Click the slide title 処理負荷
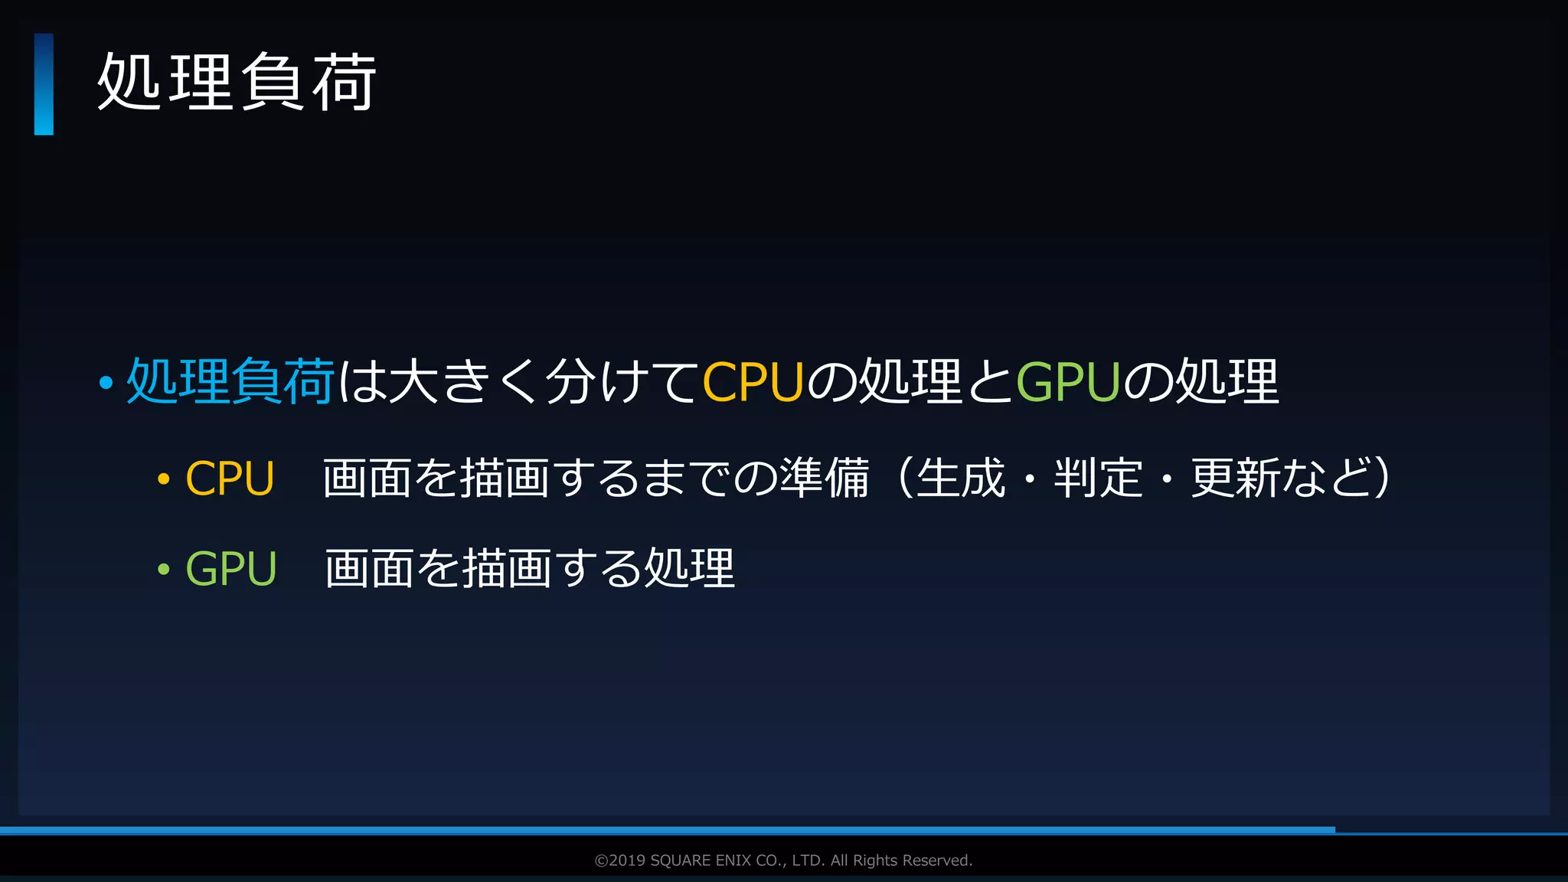tap(237, 82)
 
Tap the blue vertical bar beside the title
tap(44, 84)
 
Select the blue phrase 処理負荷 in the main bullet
tap(230, 381)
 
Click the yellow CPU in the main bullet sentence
tap(752, 382)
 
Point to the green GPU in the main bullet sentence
tap(1067, 382)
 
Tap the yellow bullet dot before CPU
tap(163, 480)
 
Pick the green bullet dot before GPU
tap(163, 570)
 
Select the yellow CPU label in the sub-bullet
tap(230, 479)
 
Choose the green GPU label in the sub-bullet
tap(230, 569)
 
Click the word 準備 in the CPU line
tap(825, 478)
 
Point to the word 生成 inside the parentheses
tap(961, 478)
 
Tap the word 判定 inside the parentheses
tap(1098, 478)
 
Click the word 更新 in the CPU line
tap(1235, 478)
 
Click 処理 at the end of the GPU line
tap(689, 568)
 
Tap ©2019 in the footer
tap(619, 861)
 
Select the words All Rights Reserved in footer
tap(901, 861)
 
